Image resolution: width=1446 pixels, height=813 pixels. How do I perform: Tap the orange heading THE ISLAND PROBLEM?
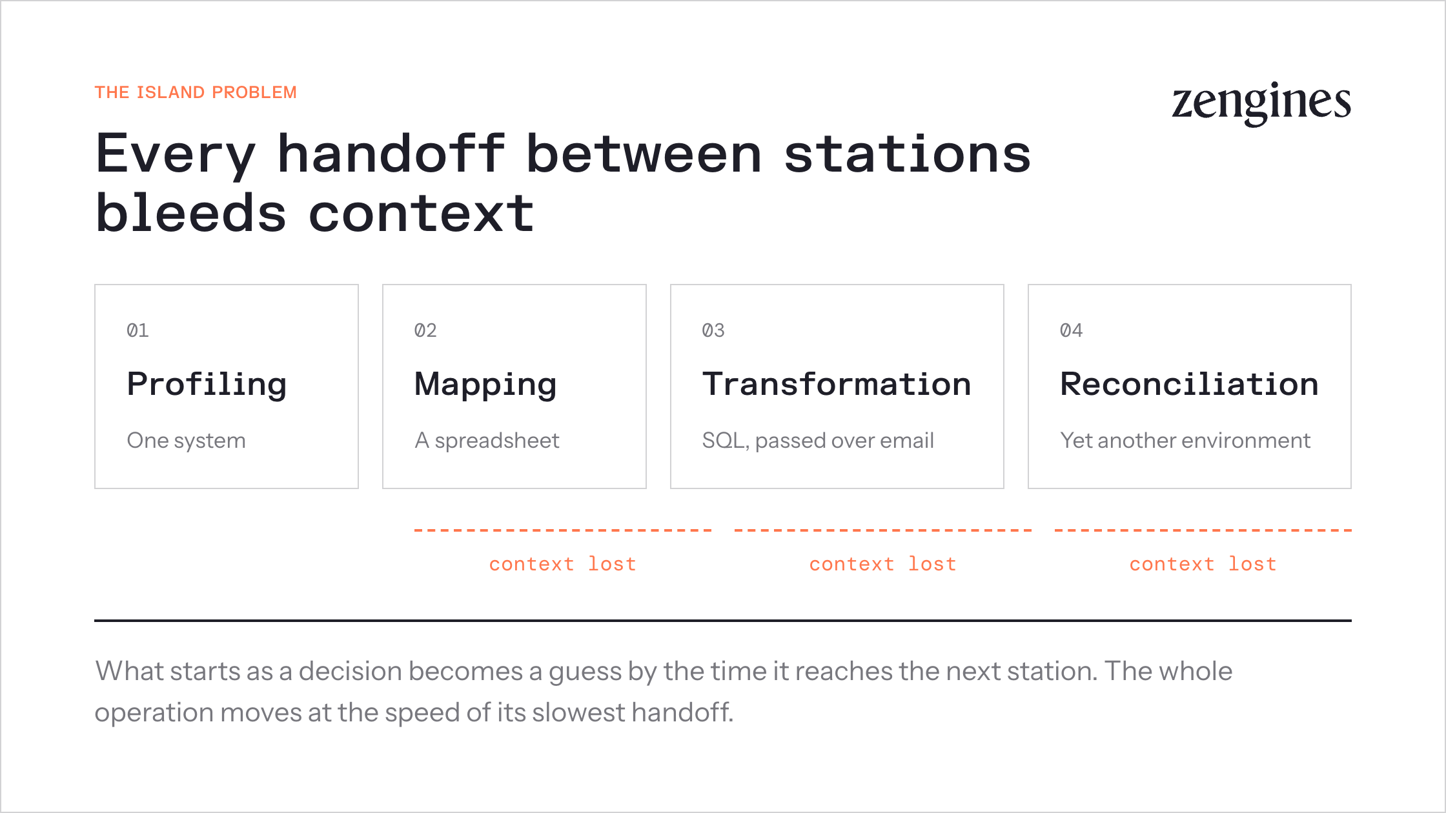pyautogui.click(x=196, y=92)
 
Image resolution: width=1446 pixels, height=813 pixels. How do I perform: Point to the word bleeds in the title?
pyautogui.click(x=190, y=214)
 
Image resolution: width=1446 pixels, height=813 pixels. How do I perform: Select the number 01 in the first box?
pyautogui.click(x=137, y=330)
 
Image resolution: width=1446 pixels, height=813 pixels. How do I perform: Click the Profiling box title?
pyautogui.click(x=207, y=385)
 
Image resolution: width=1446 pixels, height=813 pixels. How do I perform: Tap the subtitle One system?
pyautogui.click(x=186, y=440)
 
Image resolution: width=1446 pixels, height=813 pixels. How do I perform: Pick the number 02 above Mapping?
pyautogui.click(x=425, y=330)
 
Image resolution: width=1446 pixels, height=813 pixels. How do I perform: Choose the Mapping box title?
pyautogui.click(x=485, y=385)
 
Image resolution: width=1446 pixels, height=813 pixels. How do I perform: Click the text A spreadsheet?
pyautogui.click(x=487, y=440)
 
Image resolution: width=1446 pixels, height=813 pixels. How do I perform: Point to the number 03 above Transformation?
pyautogui.click(x=713, y=330)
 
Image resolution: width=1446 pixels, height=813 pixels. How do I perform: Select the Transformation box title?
pyautogui.click(x=837, y=384)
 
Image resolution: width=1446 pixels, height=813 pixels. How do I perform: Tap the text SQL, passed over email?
pyautogui.click(x=818, y=440)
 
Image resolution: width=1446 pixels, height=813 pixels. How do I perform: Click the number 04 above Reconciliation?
pyautogui.click(x=1071, y=330)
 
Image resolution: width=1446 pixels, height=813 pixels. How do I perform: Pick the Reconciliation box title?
pyautogui.click(x=1189, y=384)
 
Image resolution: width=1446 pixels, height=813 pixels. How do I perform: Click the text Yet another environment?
pyautogui.click(x=1185, y=440)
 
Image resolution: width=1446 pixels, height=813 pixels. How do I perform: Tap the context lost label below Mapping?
pyautogui.click(x=562, y=564)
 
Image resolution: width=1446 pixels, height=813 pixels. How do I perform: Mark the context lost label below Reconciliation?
pyautogui.click(x=1203, y=564)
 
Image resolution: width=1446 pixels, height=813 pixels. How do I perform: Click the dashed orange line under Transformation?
pyautogui.click(x=883, y=530)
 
